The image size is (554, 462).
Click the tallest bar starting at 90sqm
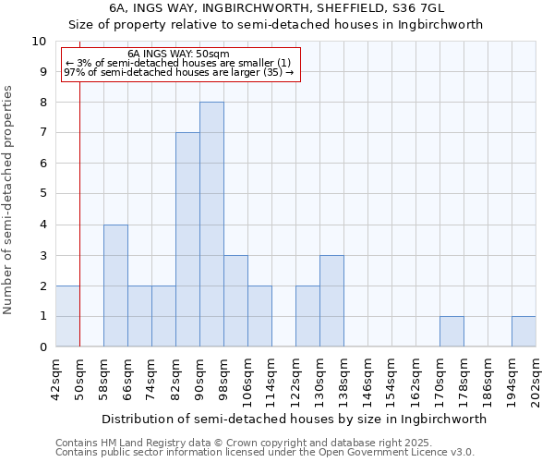pyautogui.click(x=211, y=225)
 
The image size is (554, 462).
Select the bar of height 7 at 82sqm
pyautogui.click(x=187, y=240)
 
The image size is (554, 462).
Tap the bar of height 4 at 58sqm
pyautogui.click(x=115, y=286)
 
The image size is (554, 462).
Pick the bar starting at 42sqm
pyautogui.click(x=67, y=316)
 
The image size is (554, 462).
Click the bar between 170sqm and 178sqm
pyautogui.click(x=452, y=332)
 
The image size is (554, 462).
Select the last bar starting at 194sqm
pyautogui.click(x=524, y=332)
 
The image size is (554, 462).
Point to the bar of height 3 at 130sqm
pyautogui.click(x=331, y=301)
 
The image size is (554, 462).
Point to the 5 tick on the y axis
pyautogui.click(x=42, y=194)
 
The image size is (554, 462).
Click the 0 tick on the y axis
pyautogui.click(x=42, y=347)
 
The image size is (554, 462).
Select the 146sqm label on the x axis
pyautogui.click(x=368, y=379)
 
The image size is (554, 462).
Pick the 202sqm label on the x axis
pyautogui.click(x=536, y=379)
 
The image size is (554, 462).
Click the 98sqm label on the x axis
pyautogui.click(x=224, y=379)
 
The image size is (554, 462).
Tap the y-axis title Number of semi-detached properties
pyautogui.click(x=9, y=200)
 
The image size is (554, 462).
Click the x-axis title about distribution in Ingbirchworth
pyautogui.click(x=294, y=419)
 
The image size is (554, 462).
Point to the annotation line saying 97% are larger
pyautogui.click(x=178, y=72)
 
